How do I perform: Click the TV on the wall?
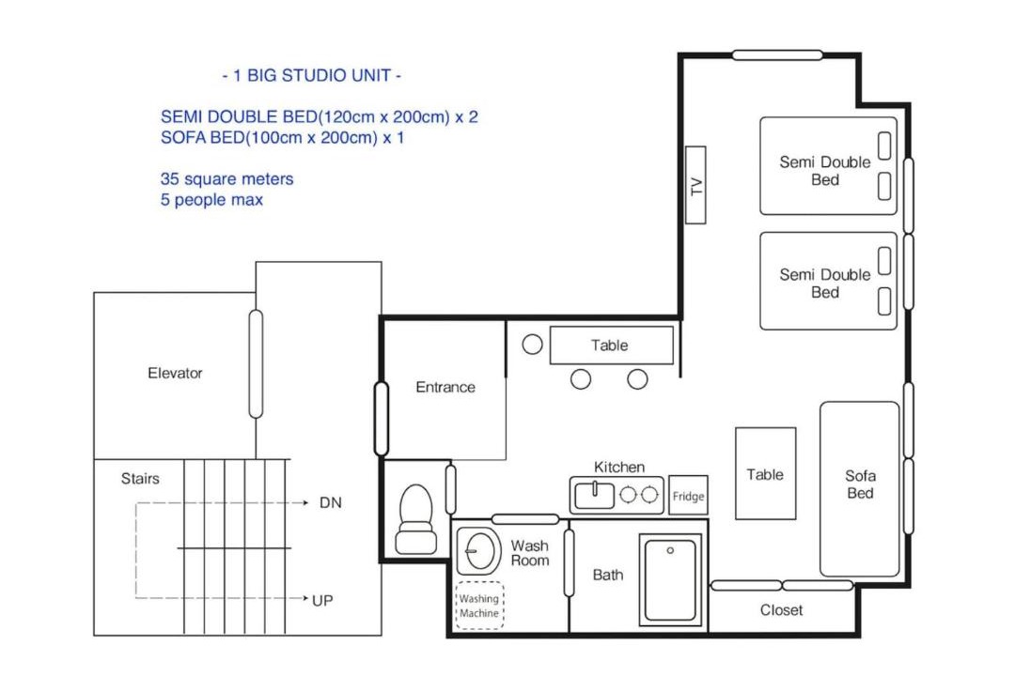tap(695, 185)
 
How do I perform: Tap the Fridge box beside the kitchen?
tap(688, 496)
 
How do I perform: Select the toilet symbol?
tap(415, 519)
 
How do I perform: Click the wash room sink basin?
tap(479, 551)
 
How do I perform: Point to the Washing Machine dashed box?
tap(479, 606)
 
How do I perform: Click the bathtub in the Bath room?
tap(671, 579)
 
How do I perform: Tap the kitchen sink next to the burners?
tap(594, 495)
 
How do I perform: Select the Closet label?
tap(781, 610)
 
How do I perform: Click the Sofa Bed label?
tap(860, 484)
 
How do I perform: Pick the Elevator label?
tap(175, 374)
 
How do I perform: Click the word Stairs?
tap(140, 479)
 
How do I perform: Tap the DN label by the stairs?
tap(331, 502)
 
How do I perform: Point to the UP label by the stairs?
tap(322, 600)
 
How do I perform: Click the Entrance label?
tap(445, 387)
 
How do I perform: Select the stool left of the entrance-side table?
tap(532, 345)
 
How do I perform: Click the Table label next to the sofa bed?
tap(765, 475)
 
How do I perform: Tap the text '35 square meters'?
tap(226, 179)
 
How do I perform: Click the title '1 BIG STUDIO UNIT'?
tap(311, 76)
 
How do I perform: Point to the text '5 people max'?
tap(211, 200)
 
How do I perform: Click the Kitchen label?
tap(619, 467)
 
